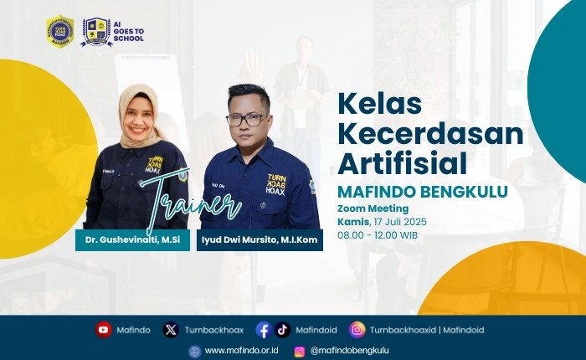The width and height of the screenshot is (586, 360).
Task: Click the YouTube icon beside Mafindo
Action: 103,330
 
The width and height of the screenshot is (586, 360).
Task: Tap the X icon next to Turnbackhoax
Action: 171,330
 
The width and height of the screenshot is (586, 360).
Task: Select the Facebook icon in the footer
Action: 264,330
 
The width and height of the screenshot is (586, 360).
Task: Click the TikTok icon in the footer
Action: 282,330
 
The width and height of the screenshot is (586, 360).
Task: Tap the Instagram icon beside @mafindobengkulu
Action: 300,352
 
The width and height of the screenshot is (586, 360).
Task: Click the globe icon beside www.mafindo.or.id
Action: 195,352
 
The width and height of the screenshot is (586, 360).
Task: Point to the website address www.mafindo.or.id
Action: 241,352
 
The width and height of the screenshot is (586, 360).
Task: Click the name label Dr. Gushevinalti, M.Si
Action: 122,240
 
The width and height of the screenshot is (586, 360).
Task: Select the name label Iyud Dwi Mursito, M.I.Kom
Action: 260,240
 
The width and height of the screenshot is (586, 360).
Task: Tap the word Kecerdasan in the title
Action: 429,133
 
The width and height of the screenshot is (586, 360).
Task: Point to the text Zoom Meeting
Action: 373,208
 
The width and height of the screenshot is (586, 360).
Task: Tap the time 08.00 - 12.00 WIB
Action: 377,235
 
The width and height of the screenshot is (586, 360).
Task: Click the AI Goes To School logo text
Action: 129,32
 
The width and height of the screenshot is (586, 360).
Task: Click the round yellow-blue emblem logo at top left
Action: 59,31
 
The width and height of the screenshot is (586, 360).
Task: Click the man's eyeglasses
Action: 245,120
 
